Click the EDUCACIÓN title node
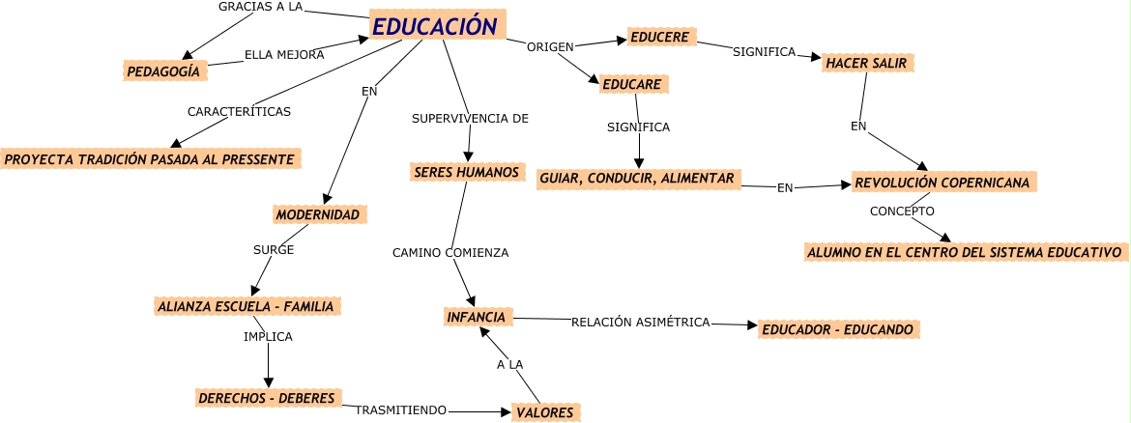coord(436,26)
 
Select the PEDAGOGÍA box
coord(163,70)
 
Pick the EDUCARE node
coord(631,85)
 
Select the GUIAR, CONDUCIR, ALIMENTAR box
coord(638,178)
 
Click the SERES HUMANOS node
coord(466,172)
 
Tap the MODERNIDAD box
coord(317,213)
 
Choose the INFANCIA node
coord(476,316)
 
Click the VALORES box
coord(545,412)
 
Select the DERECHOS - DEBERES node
coord(266,398)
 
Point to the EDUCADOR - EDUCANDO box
coord(836,329)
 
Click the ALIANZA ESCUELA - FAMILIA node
coord(245,306)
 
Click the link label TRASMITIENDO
coord(400,410)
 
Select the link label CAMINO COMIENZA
coord(449,253)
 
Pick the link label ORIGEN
coord(550,46)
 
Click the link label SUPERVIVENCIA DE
coord(470,119)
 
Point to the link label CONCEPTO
coord(901,211)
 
